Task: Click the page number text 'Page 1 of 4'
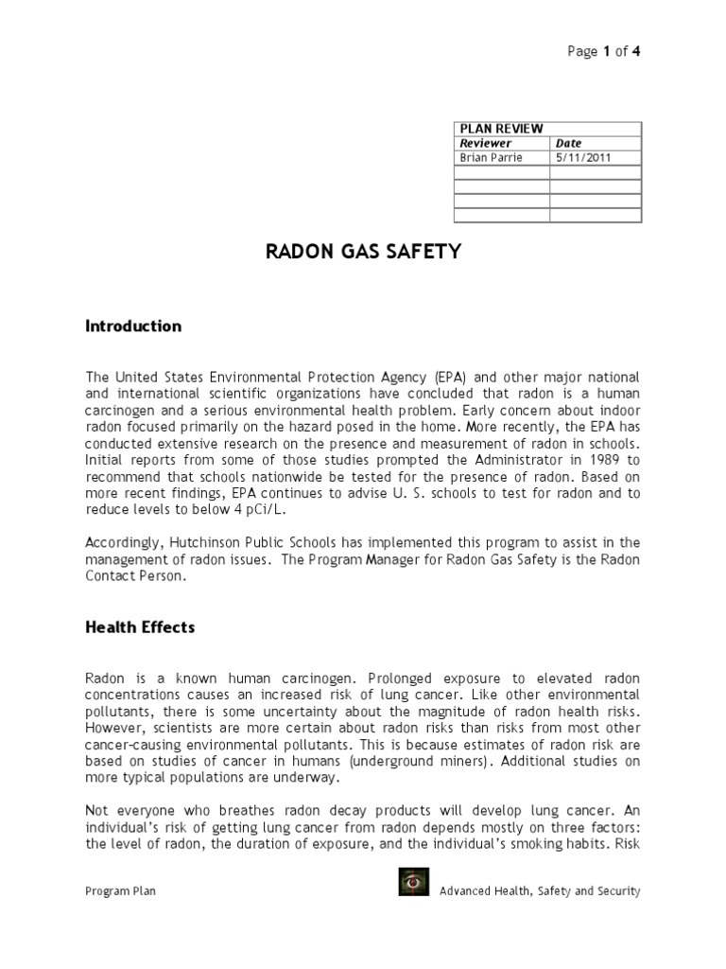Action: [604, 52]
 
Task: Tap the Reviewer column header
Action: [485, 143]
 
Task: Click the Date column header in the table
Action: [569, 143]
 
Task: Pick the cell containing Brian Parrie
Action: [491, 158]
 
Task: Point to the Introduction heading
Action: [133, 326]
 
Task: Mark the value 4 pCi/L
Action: [269, 509]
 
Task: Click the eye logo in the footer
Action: [412, 883]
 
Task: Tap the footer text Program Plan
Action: [119, 890]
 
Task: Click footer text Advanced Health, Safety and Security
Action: [540, 890]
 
